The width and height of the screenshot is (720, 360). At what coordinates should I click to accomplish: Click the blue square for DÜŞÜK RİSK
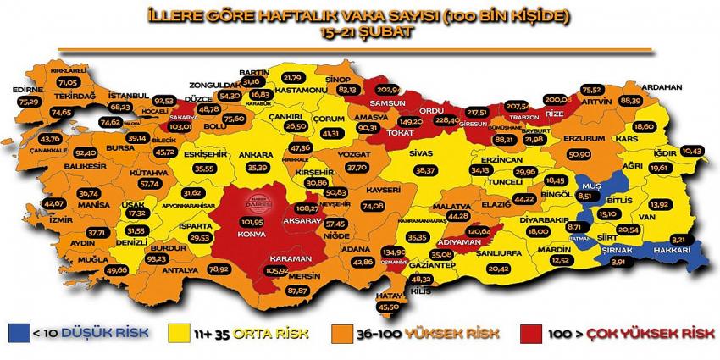click(15, 332)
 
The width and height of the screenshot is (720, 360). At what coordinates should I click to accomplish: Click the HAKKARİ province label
click(675, 250)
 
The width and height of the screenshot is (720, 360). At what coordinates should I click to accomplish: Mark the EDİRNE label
click(29, 89)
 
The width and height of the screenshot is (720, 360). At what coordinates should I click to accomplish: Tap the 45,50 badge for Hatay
click(389, 307)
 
